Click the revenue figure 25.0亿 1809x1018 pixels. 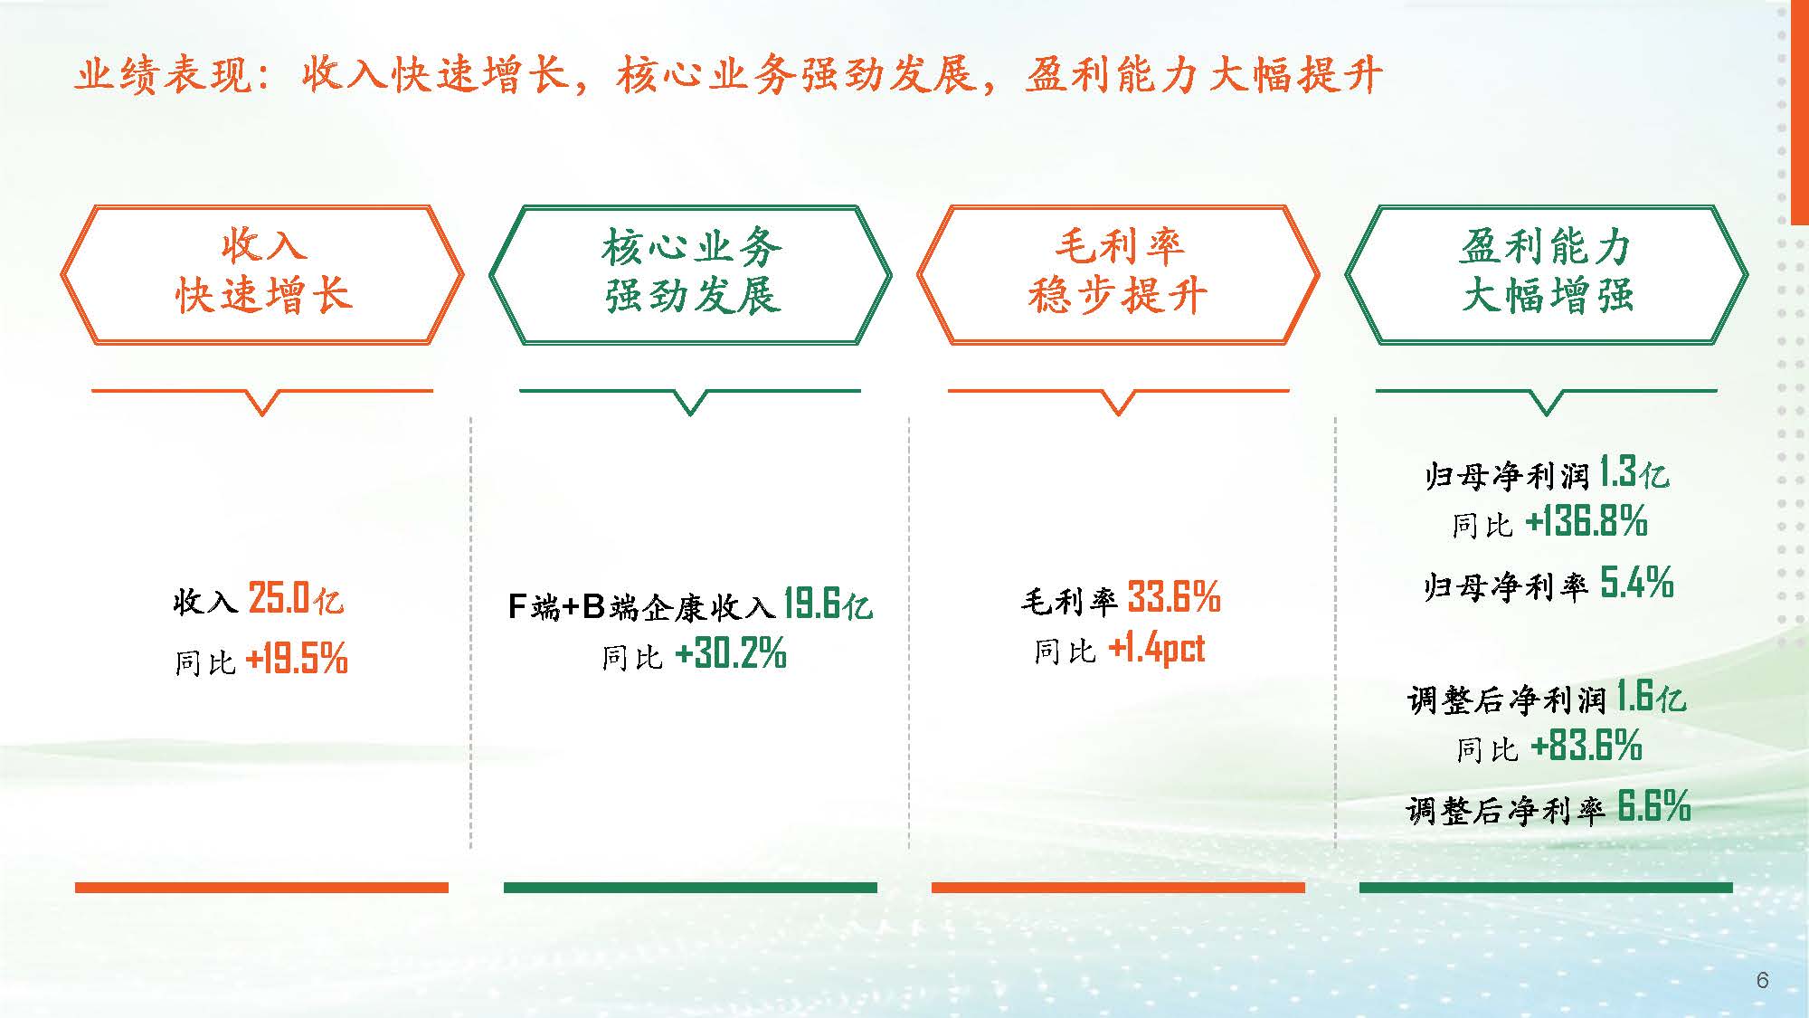[x=296, y=599]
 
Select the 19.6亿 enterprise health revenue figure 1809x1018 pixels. [x=828, y=604]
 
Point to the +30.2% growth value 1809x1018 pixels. [x=731, y=653]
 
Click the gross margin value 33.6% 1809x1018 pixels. [x=1174, y=597]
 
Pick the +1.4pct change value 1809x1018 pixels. [x=1157, y=648]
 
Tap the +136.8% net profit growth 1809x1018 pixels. [x=1586, y=521]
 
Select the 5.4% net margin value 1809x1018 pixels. [x=1637, y=582]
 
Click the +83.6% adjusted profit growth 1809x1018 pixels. [x=1586, y=747]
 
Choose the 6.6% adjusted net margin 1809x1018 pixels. [x=1653, y=805]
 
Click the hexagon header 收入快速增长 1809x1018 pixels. [x=262, y=273]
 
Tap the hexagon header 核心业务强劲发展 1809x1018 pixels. [x=690, y=273]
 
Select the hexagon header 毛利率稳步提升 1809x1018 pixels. [x=1118, y=273]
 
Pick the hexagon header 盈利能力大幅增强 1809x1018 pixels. [x=1547, y=273]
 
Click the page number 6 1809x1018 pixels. [x=1762, y=981]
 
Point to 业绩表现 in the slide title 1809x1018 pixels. [x=163, y=74]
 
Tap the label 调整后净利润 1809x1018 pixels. [x=1507, y=699]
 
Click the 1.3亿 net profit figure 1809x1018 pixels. [x=1634, y=472]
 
